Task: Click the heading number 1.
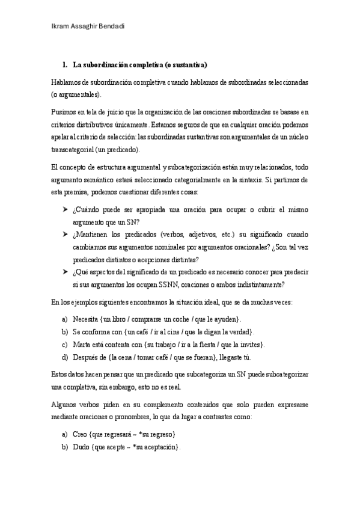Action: (65, 64)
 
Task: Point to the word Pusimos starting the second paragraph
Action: (64, 111)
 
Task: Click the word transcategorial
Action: (72, 149)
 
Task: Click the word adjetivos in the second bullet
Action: (188, 233)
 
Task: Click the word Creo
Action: (81, 434)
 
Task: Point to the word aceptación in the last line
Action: (159, 447)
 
